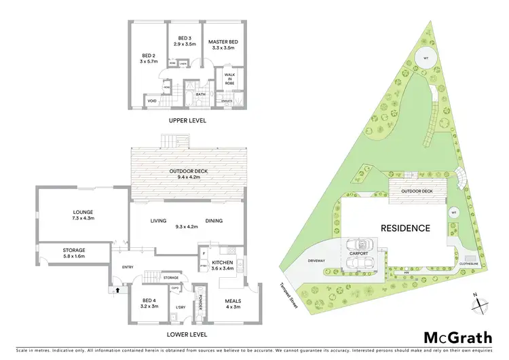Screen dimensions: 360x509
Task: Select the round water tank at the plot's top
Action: coord(426,56)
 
